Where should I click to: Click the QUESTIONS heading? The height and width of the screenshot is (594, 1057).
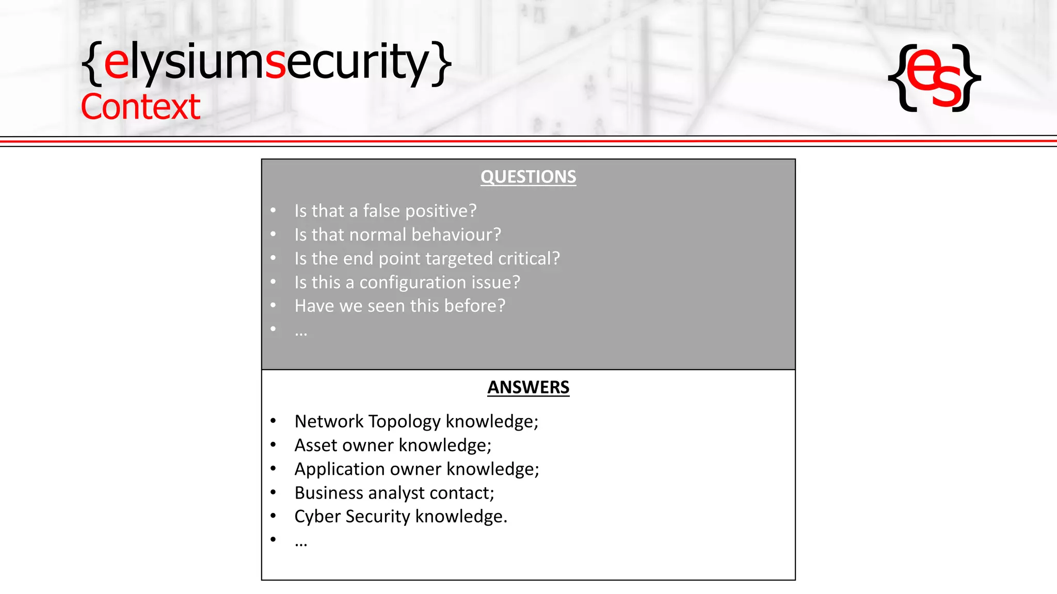click(x=528, y=177)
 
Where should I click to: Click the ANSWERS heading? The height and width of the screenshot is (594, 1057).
click(x=528, y=387)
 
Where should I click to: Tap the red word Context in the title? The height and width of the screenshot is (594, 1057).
click(x=140, y=107)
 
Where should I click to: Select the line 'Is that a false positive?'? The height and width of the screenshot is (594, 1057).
click(x=385, y=211)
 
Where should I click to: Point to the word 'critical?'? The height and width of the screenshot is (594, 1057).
click(x=528, y=258)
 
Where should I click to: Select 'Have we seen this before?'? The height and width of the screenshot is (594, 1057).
click(x=399, y=306)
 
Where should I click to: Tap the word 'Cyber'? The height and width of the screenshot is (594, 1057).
click(x=317, y=517)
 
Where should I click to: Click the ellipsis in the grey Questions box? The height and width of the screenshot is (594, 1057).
click(x=301, y=333)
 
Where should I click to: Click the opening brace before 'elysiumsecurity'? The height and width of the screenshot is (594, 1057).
click(x=92, y=63)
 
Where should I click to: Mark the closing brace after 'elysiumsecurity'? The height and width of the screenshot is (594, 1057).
click(x=442, y=63)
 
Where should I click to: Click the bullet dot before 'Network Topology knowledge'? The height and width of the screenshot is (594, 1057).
click(x=273, y=421)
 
